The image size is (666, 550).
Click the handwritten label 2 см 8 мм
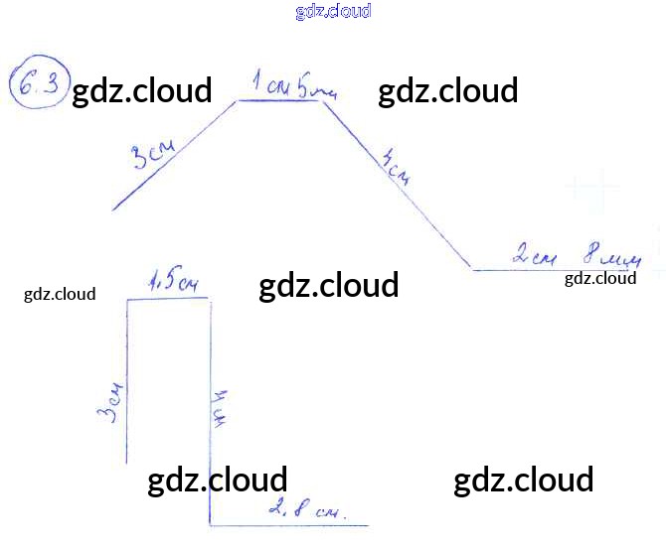[577, 256]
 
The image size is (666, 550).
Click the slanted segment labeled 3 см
[175, 155]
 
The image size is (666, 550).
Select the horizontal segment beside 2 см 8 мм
[557, 270]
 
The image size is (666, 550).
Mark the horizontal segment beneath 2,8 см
[288, 525]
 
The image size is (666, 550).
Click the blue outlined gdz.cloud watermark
[333, 12]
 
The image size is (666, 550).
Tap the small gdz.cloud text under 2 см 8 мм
[600, 278]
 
